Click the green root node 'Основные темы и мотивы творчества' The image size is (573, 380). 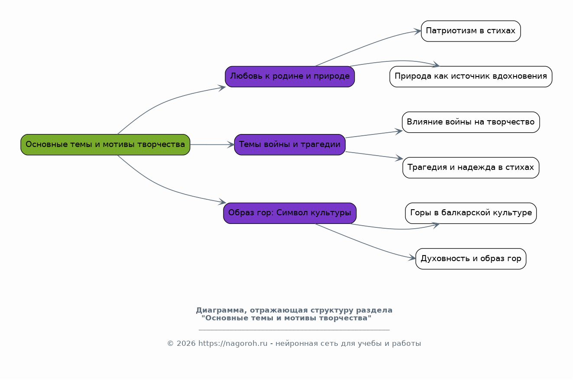pyautogui.click(x=105, y=144)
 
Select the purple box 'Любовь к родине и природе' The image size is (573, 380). pyautogui.click(x=290, y=77)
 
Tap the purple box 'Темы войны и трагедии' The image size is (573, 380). pyautogui.click(x=290, y=144)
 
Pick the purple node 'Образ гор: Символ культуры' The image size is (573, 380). pyautogui.click(x=290, y=213)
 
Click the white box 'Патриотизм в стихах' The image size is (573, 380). pyautogui.click(x=470, y=31)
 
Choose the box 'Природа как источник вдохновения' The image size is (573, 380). pyautogui.click(x=470, y=77)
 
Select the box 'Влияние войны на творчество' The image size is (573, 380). pyautogui.click(x=470, y=122)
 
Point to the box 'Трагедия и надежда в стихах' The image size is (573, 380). pyautogui.click(x=470, y=168)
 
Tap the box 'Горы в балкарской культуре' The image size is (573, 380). pyautogui.click(x=470, y=213)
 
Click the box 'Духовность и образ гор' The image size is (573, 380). pyautogui.click(x=470, y=259)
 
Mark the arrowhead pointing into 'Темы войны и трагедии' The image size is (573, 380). pyautogui.click(x=231, y=145)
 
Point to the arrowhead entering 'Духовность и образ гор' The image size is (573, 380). pyautogui.click(x=412, y=259)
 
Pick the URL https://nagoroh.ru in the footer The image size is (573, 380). pyautogui.click(x=233, y=344)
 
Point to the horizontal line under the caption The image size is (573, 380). pyautogui.click(x=294, y=330)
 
